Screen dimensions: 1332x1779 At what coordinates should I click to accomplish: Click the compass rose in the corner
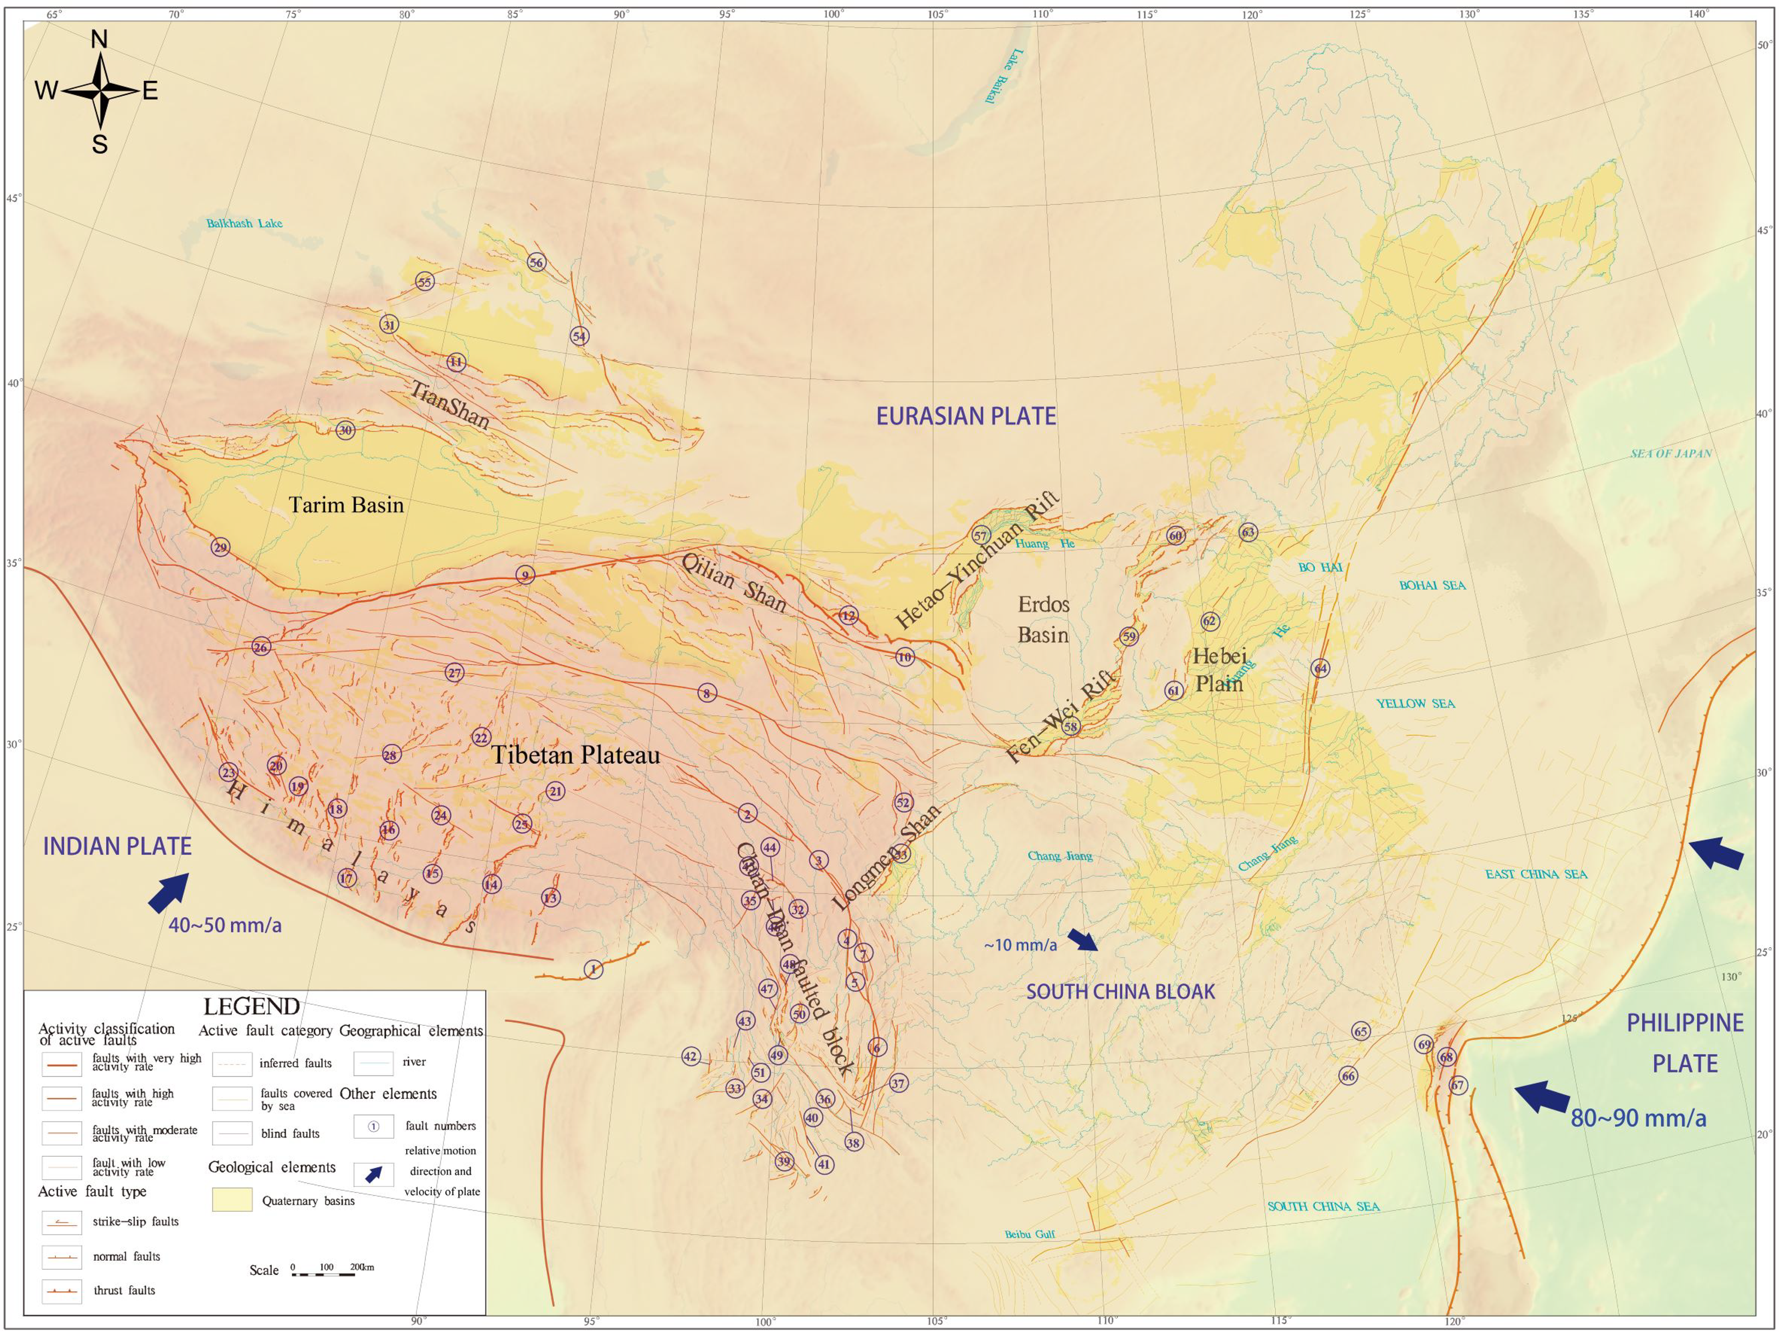tap(100, 91)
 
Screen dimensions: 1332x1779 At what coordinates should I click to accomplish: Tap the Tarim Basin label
tap(346, 505)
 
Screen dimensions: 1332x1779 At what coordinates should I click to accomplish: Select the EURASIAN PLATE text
tap(965, 416)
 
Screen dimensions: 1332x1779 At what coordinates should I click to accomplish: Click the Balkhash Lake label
tap(244, 224)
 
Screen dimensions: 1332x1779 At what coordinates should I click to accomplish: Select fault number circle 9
tap(525, 575)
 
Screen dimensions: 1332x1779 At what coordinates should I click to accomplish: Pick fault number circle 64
tap(1320, 668)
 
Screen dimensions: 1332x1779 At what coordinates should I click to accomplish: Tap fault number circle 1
tap(593, 969)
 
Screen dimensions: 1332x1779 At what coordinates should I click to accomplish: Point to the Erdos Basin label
tap(1043, 620)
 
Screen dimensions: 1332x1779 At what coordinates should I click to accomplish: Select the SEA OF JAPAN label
tap(1670, 453)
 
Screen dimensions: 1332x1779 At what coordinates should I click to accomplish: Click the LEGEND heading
tap(252, 1007)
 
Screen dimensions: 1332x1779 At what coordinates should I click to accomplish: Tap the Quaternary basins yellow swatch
tap(232, 1200)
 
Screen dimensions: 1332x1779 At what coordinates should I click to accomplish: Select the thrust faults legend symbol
tap(62, 1291)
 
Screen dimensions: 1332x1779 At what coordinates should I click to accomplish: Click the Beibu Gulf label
tap(1029, 1234)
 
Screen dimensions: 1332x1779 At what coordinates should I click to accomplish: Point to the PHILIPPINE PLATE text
tap(1685, 1043)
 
